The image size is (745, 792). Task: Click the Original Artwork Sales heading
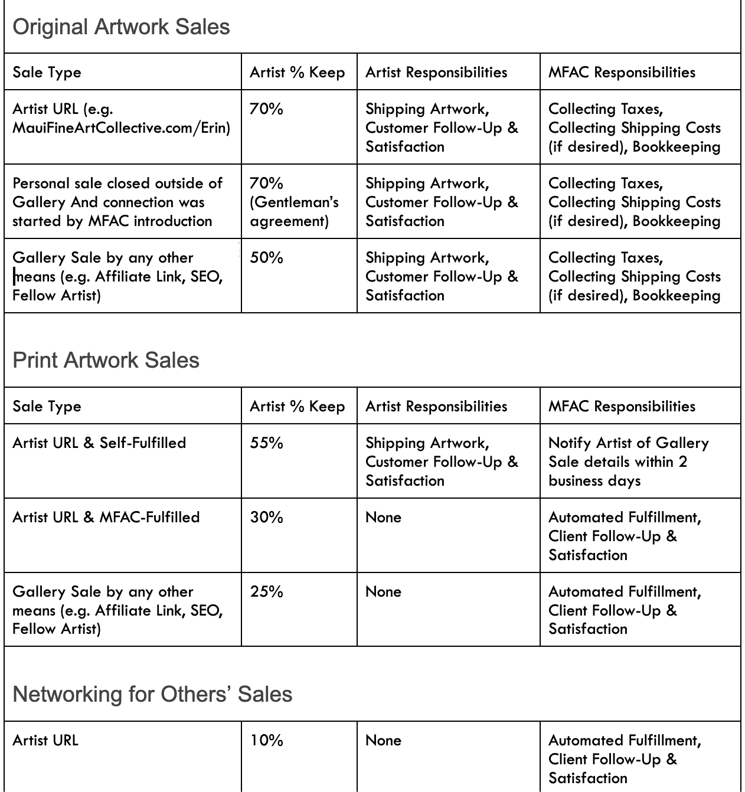[121, 27]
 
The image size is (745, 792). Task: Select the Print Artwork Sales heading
[106, 361]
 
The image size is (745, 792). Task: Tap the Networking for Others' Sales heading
[152, 695]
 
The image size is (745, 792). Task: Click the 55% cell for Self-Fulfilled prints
[266, 443]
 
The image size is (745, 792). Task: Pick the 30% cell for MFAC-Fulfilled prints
[266, 518]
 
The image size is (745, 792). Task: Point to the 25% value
[266, 592]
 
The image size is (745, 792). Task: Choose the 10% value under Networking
[266, 741]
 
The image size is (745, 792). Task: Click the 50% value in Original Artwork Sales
[266, 258]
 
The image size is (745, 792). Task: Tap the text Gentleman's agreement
[294, 212]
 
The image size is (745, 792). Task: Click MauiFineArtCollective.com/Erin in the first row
[121, 128]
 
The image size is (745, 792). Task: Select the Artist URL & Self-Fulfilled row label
[99, 443]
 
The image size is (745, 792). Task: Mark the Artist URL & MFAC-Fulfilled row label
[106, 518]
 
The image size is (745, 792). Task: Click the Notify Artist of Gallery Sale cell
[628, 462]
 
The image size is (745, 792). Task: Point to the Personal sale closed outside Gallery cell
[117, 202]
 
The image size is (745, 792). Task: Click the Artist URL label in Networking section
[45, 741]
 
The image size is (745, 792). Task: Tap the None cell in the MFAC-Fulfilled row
[383, 518]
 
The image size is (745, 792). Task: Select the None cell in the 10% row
[383, 741]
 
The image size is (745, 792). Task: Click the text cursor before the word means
[15, 277]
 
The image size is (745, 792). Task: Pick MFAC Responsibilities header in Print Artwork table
[622, 407]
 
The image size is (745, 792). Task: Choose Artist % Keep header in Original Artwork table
[297, 73]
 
